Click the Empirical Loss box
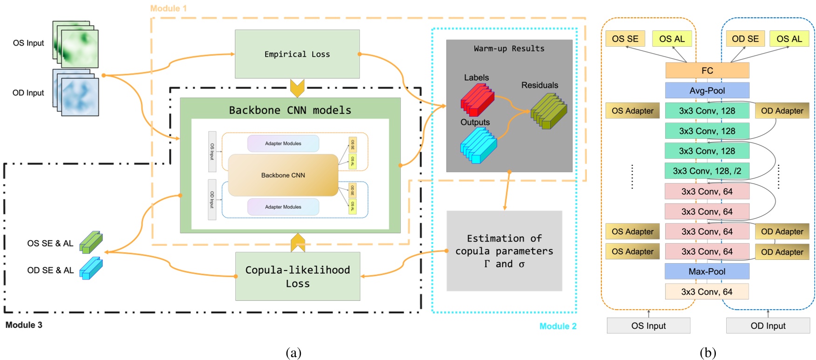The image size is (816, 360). (297, 54)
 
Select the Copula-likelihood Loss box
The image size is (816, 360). (298, 277)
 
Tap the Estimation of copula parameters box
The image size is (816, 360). (504, 251)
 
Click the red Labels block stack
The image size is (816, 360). (476, 100)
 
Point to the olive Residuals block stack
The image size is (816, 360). (549, 111)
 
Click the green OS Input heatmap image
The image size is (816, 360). (76, 45)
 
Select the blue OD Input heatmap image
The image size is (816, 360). (77, 93)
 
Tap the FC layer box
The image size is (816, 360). (707, 70)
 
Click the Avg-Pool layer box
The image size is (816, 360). (707, 90)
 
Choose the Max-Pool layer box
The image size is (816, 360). (707, 272)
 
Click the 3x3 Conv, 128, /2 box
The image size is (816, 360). (707, 171)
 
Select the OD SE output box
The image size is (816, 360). (745, 39)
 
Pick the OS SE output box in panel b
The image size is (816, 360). (625, 39)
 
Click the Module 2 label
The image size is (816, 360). (558, 326)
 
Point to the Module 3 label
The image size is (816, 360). (24, 325)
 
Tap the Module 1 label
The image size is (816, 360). (168, 8)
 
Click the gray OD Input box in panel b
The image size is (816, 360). (768, 326)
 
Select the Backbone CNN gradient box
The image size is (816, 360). (283, 175)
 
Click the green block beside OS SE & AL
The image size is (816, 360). (91, 242)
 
